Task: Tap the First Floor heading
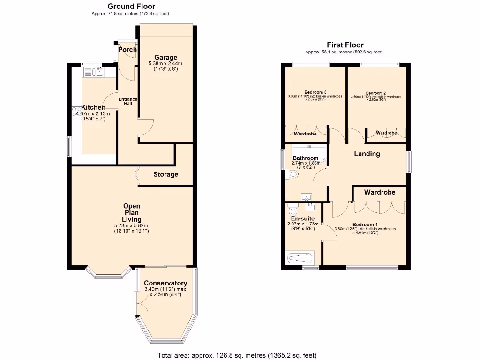click(345, 45)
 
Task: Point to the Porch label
click(127, 50)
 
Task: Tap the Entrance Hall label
click(128, 101)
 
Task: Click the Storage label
click(165, 174)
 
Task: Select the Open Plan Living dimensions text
click(131, 228)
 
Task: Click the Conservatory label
click(165, 283)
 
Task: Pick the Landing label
click(367, 154)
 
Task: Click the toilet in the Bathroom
click(293, 175)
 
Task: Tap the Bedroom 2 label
click(376, 93)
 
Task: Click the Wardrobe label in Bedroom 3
click(305, 134)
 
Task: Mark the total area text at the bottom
click(240, 355)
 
